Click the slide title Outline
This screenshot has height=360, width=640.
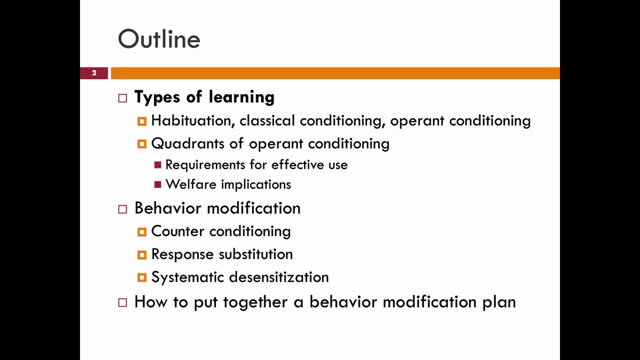point(159,39)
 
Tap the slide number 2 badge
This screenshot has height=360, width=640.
point(94,73)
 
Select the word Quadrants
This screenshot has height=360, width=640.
point(188,143)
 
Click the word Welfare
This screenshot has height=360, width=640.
point(186,184)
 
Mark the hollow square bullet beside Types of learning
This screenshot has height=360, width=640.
point(122,98)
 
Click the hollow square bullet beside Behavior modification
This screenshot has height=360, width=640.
point(122,209)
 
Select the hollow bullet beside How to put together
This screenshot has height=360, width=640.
point(122,302)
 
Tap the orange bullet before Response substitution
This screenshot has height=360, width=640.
point(141,254)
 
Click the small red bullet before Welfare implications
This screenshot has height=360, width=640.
point(157,184)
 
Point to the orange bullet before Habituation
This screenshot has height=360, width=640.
point(141,121)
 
